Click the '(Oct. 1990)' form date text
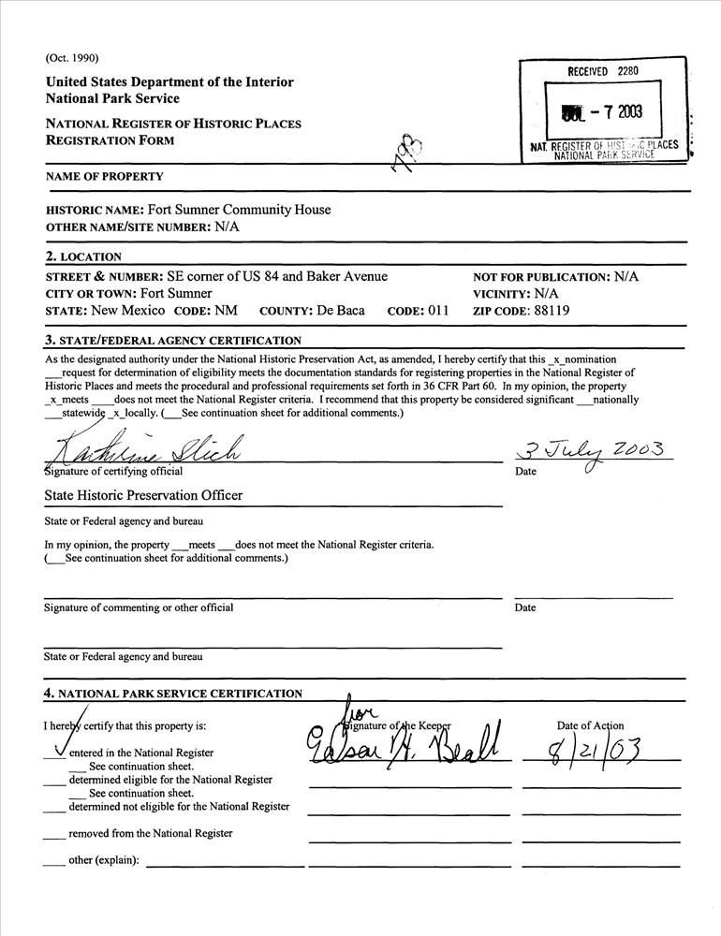click(72, 57)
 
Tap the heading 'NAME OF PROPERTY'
click(104, 177)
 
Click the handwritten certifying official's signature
click(150, 450)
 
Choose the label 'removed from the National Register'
click(151, 833)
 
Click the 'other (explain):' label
click(104, 860)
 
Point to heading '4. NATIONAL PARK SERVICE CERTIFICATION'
click(173, 694)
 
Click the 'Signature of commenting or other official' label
click(139, 607)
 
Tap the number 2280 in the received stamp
click(627, 71)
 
